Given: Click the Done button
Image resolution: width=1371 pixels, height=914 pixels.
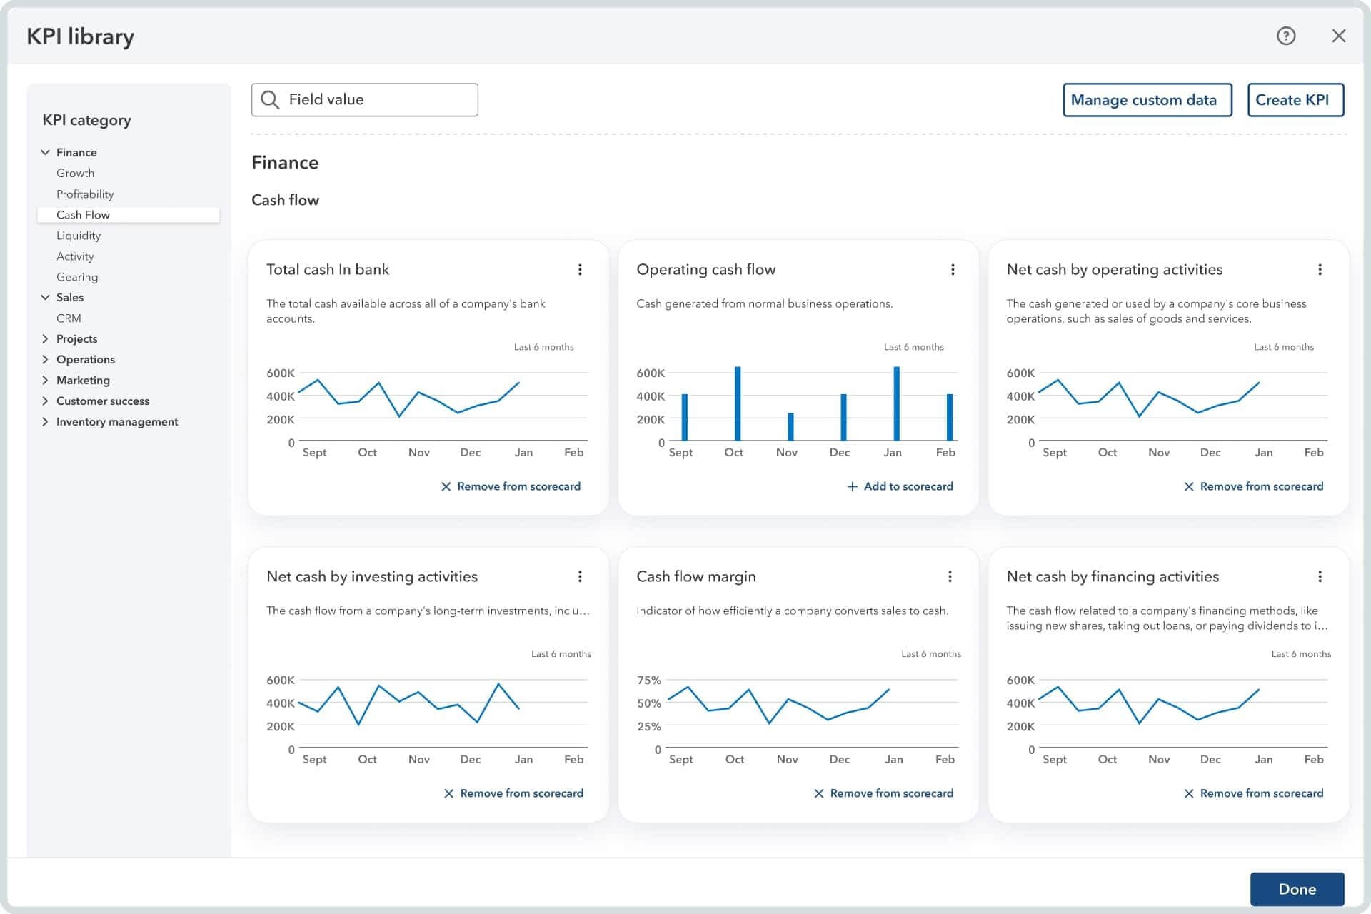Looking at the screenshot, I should click(1297, 889).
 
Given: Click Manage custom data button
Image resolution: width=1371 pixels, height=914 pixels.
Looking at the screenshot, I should click(1147, 100).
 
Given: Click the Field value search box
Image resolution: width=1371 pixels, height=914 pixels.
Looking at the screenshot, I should click(364, 100).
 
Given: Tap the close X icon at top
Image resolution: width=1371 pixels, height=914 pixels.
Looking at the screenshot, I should click(1338, 36).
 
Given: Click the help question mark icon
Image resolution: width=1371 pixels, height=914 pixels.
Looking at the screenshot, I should click(1285, 36).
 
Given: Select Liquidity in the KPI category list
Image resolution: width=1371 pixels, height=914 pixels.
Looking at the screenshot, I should click(79, 236).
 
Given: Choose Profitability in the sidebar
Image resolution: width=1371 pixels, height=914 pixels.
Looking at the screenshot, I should click(85, 194).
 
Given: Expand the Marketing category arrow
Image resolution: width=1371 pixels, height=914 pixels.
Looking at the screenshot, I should click(45, 380).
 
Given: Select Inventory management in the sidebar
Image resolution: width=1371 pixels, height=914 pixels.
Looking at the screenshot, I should click(117, 422).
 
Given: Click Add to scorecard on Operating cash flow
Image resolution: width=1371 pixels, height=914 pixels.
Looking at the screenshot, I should click(900, 486).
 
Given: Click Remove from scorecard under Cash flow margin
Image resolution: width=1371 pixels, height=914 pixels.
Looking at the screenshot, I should click(883, 793).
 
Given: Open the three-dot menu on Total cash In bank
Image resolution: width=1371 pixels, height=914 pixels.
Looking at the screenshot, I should click(580, 269).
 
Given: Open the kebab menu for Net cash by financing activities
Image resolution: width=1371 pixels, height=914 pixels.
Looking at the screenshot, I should click(1320, 576).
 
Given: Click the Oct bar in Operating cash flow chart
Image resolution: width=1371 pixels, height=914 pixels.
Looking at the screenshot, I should click(738, 403).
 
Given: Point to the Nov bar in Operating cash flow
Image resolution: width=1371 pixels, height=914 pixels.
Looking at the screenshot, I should click(790, 426).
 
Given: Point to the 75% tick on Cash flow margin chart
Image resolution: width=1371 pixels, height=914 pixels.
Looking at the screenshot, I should click(649, 681).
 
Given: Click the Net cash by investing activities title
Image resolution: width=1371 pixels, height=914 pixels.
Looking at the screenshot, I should click(372, 576).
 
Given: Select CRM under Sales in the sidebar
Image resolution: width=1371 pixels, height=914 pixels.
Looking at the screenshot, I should click(69, 318).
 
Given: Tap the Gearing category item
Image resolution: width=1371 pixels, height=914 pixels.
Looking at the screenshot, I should click(77, 277).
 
